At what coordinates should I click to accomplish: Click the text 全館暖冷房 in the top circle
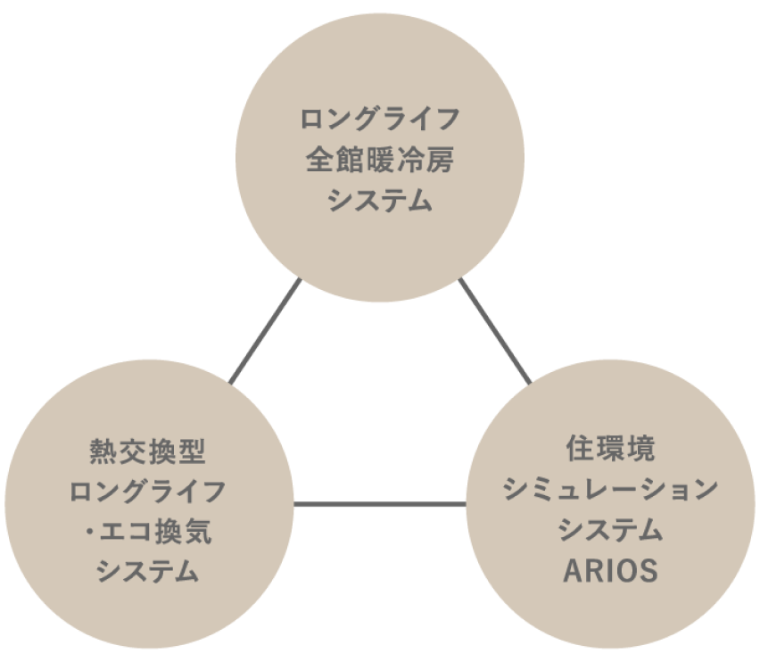(380, 161)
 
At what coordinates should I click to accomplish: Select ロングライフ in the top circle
(380, 119)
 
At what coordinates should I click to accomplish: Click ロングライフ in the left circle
(147, 492)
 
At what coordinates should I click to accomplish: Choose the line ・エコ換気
(147, 533)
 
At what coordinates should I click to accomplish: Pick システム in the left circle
(147, 573)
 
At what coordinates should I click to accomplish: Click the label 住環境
(611, 449)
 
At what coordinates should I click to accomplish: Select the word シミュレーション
(611, 489)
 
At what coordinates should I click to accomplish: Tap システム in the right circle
(611, 530)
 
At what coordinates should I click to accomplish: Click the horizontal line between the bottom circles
(380, 505)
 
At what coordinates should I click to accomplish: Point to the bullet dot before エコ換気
(92, 534)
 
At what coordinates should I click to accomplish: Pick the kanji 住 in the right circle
(581, 449)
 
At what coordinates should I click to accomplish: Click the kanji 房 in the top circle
(441, 161)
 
